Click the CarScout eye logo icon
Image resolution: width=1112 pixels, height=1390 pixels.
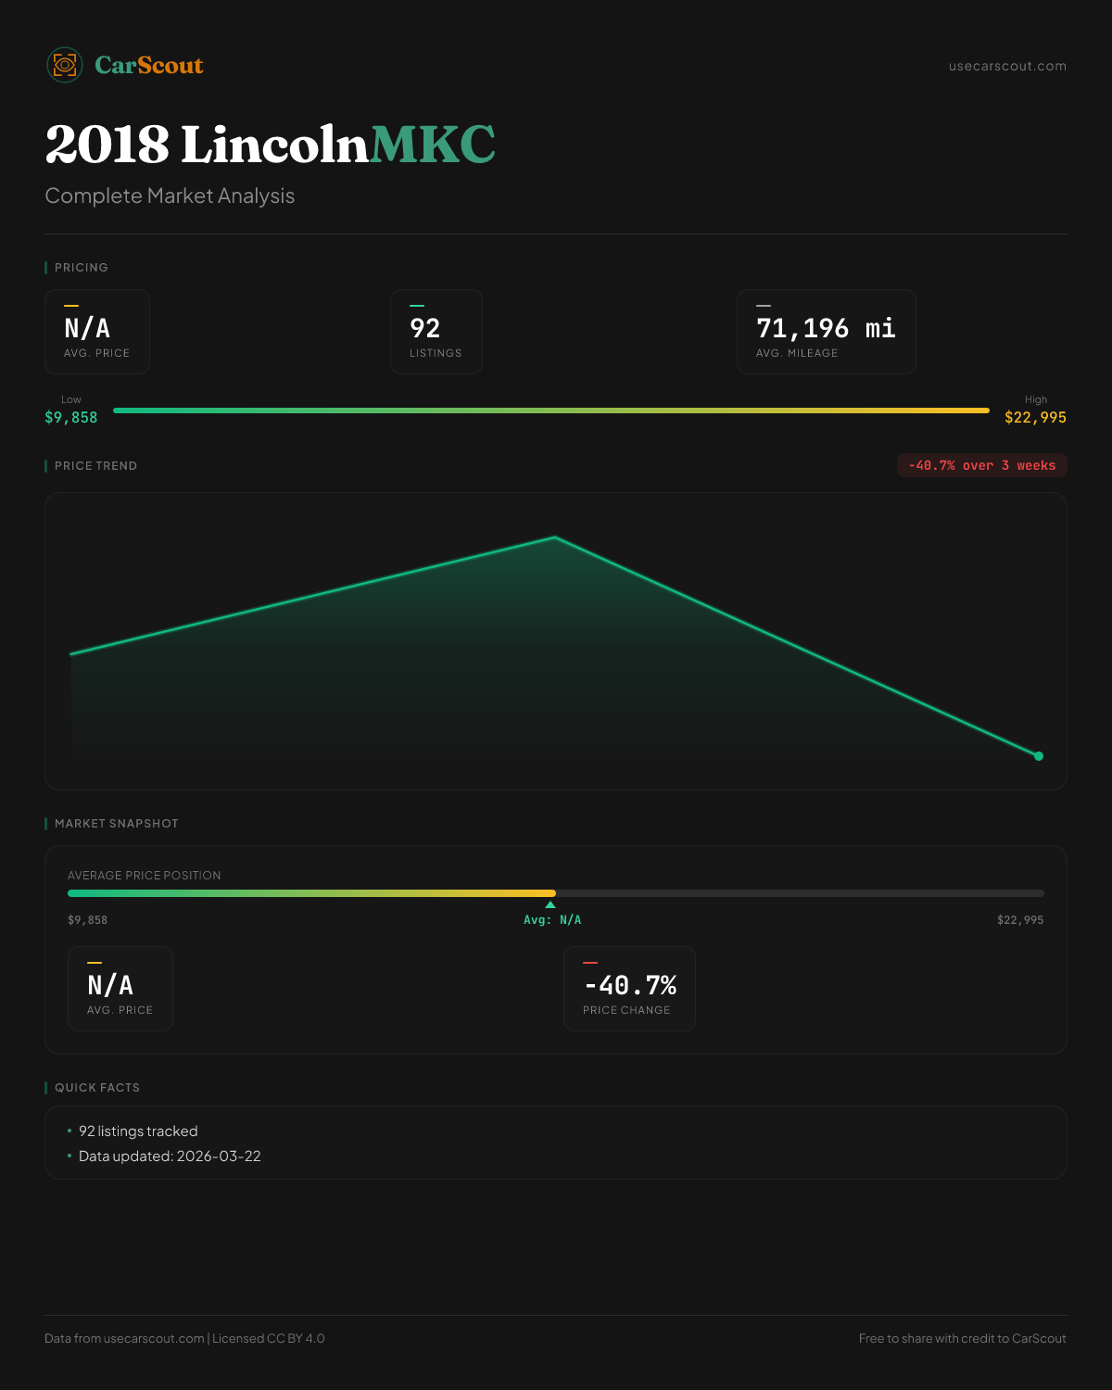pos(65,65)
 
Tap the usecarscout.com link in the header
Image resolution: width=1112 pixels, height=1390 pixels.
pos(1007,66)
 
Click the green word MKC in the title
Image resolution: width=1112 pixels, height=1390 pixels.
pos(433,145)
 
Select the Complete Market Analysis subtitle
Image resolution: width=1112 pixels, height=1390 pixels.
pos(170,196)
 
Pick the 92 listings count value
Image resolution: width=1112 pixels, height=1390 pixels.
pos(425,328)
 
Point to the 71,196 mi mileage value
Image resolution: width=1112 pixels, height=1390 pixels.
pos(826,328)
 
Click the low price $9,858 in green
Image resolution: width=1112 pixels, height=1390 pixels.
pos(71,418)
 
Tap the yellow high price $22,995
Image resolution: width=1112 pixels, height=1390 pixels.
pos(1035,418)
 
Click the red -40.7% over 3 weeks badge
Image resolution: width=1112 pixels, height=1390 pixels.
pos(981,465)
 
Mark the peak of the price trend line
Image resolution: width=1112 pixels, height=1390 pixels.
pos(555,537)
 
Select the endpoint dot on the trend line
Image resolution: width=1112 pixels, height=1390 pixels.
pos(1039,756)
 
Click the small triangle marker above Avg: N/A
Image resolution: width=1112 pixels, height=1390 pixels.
pos(550,904)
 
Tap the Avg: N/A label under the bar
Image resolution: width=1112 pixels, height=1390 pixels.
pos(552,920)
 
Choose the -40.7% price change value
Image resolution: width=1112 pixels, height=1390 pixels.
pos(630,985)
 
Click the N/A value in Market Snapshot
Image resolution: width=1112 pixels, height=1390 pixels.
pos(110,985)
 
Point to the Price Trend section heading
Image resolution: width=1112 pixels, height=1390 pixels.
pos(95,466)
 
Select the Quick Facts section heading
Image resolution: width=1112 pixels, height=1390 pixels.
pos(97,1088)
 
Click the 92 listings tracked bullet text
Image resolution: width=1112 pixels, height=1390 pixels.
pos(138,1131)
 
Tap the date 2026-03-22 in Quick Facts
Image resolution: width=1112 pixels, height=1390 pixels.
pos(219,1156)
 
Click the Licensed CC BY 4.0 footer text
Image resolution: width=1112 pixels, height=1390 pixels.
pos(269,1339)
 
